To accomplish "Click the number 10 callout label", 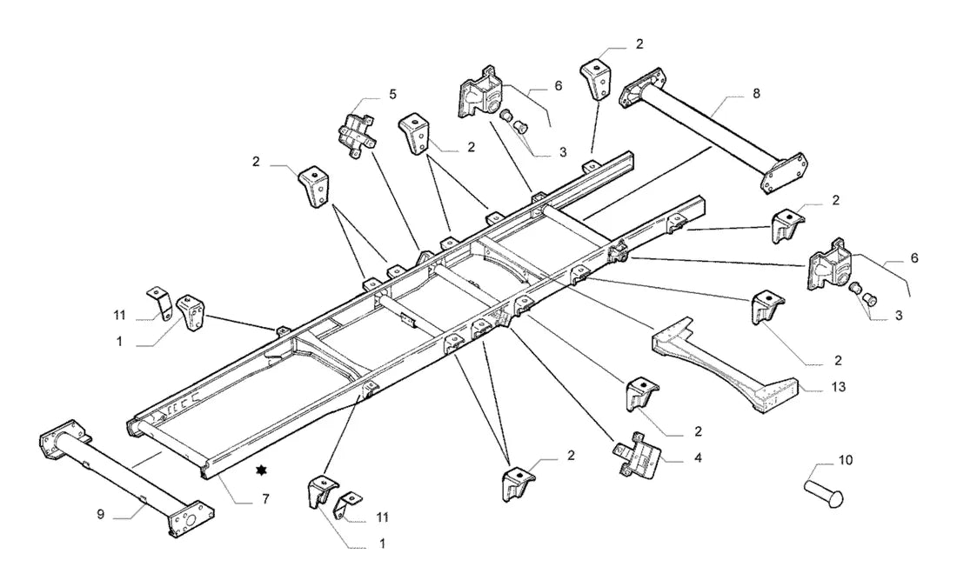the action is coord(846,460).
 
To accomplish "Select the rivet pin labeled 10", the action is coord(824,492).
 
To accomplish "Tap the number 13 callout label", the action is coord(839,387).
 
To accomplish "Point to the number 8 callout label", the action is coord(756,94).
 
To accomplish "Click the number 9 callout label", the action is coord(100,515).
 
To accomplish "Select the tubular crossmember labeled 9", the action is coord(125,479).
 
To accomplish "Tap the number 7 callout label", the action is coord(265,499).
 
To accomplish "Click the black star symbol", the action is coord(262,470).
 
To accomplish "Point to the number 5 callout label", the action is coord(392,94).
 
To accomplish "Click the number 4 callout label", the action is coord(698,457).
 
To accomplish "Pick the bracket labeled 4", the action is coord(636,455).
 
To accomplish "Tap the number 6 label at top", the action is coord(559,86).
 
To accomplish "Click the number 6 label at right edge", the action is coord(914,258).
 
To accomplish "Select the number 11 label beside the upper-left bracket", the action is coord(120,316).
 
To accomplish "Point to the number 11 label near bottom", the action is coord(382,518).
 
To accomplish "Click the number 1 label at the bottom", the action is coord(383,544).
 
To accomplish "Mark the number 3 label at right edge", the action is coord(899,316).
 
